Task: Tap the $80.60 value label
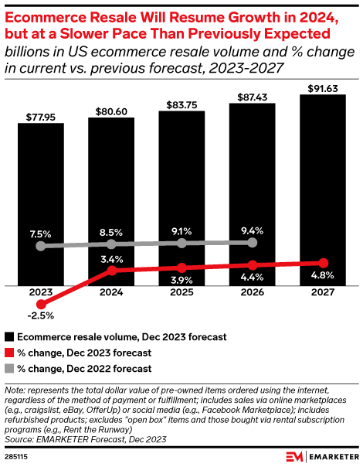tap(111, 111)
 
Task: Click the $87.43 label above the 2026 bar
tap(253, 97)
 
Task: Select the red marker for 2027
tap(324, 263)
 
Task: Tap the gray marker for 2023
tap(41, 246)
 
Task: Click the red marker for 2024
tap(112, 271)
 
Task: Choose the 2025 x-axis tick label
tap(181, 294)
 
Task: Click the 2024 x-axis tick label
tap(111, 294)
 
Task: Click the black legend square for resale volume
tap(9, 337)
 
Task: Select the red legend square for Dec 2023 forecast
tap(9, 353)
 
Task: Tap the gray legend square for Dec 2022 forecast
tap(9, 370)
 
